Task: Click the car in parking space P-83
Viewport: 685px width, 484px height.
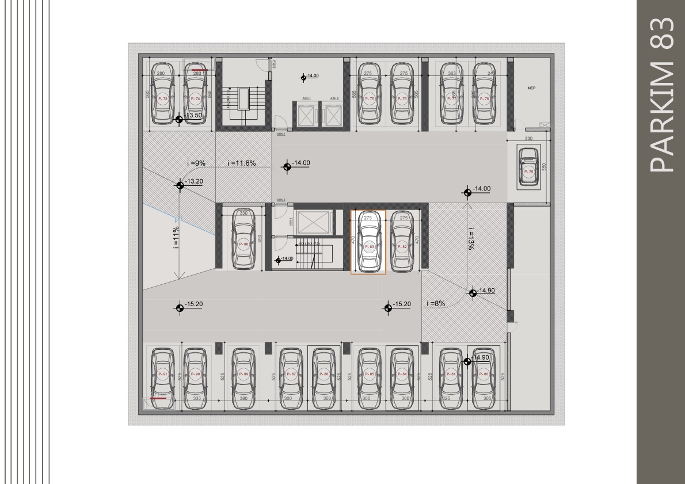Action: [x=369, y=242]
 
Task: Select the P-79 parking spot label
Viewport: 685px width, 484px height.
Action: [x=528, y=172]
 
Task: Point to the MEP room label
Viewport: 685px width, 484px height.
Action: [x=531, y=88]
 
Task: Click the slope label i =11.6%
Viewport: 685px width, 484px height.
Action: [x=242, y=163]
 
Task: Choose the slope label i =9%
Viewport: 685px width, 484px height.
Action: [x=196, y=163]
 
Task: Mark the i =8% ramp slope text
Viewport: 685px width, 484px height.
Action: [x=436, y=303]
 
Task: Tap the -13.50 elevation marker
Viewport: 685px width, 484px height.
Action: [x=180, y=119]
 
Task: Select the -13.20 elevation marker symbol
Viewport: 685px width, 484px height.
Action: [x=180, y=184]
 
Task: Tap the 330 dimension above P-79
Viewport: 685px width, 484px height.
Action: [x=529, y=139]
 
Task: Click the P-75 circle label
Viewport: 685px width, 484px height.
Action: [x=369, y=99]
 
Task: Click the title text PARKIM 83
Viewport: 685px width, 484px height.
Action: [x=661, y=95]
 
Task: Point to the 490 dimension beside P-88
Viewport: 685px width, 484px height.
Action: [x=260, y=239]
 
